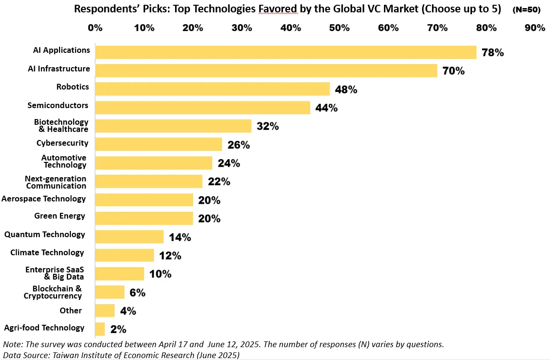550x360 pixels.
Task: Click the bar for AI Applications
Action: coord(285,52)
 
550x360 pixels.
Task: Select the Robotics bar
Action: coord(212,89)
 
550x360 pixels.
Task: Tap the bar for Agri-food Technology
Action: coord(100,329)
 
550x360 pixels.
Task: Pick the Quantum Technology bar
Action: coord(129,237)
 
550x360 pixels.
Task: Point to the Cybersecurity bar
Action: coord(158,144)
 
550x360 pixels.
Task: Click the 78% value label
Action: coord(492,53)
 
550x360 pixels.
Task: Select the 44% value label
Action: coord(326,108)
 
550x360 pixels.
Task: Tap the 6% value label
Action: coord(137,293)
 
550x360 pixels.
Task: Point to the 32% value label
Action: coord(268,127)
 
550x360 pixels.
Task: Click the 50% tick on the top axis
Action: coord(340,28)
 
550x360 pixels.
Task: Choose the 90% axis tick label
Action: coord(535,28)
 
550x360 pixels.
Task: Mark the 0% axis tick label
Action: coord(95,28)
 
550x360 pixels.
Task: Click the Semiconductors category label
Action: coord(58,105)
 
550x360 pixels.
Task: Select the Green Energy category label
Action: coord(59,216)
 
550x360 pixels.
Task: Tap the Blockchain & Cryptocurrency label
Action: coord(53,292)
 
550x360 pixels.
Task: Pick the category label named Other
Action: coord(71,310)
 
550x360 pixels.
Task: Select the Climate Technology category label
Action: coord(47,252)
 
